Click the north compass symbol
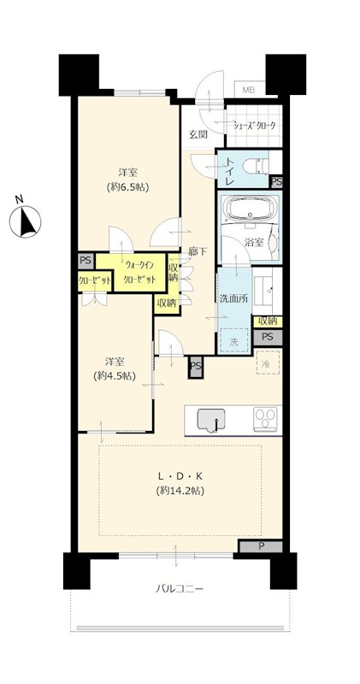26,221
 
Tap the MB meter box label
249,91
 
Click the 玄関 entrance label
198,134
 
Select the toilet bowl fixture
256,166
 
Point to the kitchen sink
211,420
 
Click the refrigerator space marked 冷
268,362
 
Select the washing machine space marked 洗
234,340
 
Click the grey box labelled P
261,546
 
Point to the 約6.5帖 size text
128,187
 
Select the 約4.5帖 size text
115,375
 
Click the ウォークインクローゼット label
139,272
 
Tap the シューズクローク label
255,126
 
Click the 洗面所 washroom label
234,298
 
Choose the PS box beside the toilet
277,182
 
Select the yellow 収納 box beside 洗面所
268,321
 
